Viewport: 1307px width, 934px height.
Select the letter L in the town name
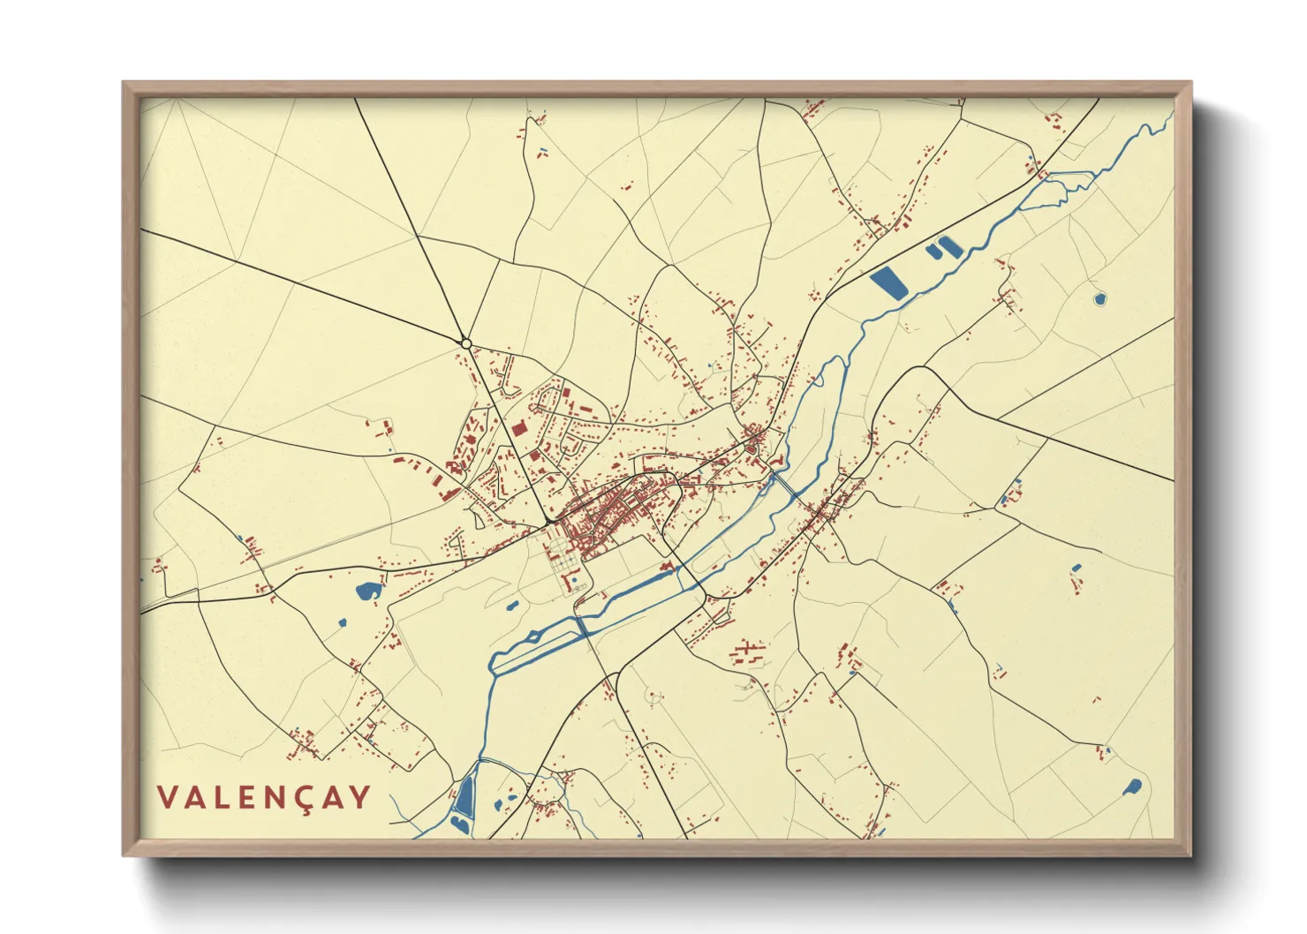point(221,797)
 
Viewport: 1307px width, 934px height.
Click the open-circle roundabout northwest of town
point(465,343)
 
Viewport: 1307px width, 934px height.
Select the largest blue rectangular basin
point(888,283)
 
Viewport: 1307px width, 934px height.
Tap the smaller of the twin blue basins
point(933,252)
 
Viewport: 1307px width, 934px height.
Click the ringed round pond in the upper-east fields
point(1099,299)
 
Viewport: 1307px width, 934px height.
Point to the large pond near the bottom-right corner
point(1133,787)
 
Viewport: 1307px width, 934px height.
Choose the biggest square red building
point(518,428)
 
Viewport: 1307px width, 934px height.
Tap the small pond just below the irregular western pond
point(343,624)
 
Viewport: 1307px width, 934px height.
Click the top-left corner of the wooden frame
point(124,83)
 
